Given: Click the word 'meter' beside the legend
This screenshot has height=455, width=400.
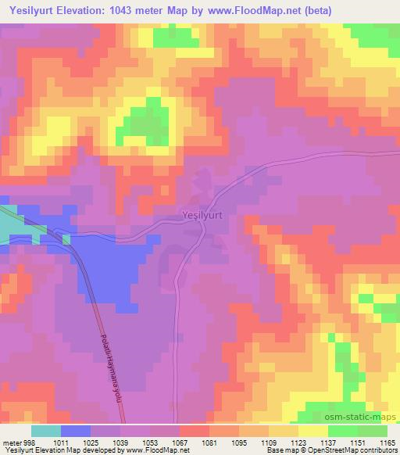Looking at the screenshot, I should click(12, 442).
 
